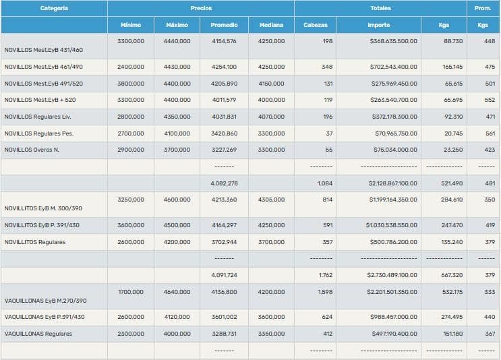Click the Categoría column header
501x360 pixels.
click(x=54, y=8)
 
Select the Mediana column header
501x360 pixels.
click(x=271, y=25)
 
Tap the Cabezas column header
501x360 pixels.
click(x=316, y=25)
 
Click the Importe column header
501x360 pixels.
click(x=379, y=25)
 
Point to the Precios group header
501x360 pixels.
click(x=201, y=8)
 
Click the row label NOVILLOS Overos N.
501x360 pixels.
click(x=32, y=150)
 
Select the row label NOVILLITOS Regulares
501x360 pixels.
click(x=35, y=242)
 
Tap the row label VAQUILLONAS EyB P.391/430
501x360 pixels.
click(x=45, y=317)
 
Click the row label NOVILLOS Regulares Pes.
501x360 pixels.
click(x=39, y=133)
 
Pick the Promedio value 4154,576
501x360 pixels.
click(x=224, y=42)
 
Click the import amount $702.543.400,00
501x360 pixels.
click(x=393, y=67)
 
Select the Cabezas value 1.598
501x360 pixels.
click(x=325, y=292)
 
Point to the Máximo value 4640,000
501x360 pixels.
click(x=177, y=292)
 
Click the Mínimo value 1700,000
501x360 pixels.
click(x=130, y=292)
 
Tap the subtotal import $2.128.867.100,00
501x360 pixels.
click(x=393, y=183)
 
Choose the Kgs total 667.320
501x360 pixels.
click(x=451, y=275)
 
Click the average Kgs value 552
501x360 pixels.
click(x=490, y=100)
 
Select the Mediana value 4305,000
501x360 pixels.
click(x=271, y=200)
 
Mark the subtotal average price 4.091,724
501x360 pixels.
click(x=224, y=275)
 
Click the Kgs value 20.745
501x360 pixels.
click(x=452, y=133)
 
